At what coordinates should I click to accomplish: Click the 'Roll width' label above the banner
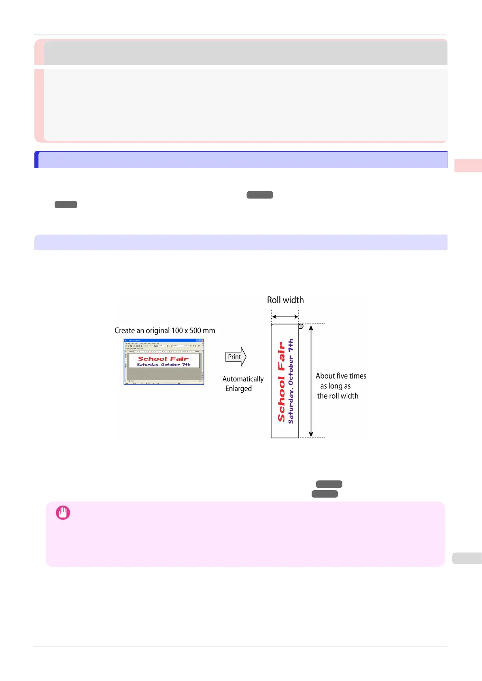tap(285, 300)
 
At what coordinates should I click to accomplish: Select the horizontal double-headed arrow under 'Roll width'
tap(285, 317)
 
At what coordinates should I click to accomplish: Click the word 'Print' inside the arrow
tap(234, 357)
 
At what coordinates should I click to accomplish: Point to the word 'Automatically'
tap(243, 379)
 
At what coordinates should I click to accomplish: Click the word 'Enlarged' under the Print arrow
tap(238, 389)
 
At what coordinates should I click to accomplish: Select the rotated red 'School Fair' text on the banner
tap(282, 382)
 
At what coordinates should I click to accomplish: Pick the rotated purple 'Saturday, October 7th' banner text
tap(291, 381)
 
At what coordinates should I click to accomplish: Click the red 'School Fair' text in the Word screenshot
tap(163, 359)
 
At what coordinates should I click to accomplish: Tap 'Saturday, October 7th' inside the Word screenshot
tap(163, 364)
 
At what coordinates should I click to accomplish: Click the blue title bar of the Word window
tap(163, 341)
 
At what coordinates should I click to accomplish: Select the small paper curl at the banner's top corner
tap(301, 326)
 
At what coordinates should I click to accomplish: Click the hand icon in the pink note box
tap(63, 513)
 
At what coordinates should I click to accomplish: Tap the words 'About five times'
tap(341, 376)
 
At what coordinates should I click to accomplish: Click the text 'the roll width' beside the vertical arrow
tap(338, 396)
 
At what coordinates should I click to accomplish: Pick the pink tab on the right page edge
tap(468, 165)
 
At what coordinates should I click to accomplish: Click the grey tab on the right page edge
tap(467, 558)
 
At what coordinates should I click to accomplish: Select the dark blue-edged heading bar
tap(241, 160)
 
